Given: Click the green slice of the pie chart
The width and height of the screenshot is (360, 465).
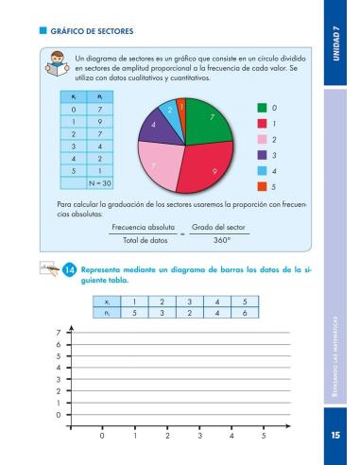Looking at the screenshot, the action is (209, 123).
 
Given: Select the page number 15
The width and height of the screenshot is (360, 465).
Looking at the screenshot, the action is (334, 436).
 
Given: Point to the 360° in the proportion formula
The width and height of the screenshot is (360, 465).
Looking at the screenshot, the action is (221, 241).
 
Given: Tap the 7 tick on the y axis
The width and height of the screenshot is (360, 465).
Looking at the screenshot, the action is (58, 332).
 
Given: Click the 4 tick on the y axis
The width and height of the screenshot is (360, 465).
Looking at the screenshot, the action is (58, 367).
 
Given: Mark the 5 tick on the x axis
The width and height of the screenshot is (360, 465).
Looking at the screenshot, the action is (264, 436).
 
